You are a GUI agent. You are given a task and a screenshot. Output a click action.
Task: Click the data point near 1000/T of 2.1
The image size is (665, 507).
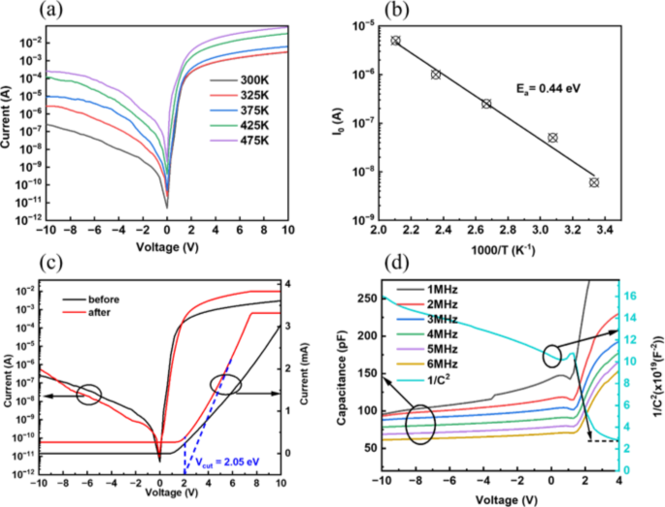[x=395, y=41]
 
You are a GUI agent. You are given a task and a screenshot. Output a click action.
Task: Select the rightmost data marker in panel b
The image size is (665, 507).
[x=594, y=182]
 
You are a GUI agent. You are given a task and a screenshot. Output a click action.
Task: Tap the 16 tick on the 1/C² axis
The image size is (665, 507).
[x=630, y=295]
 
